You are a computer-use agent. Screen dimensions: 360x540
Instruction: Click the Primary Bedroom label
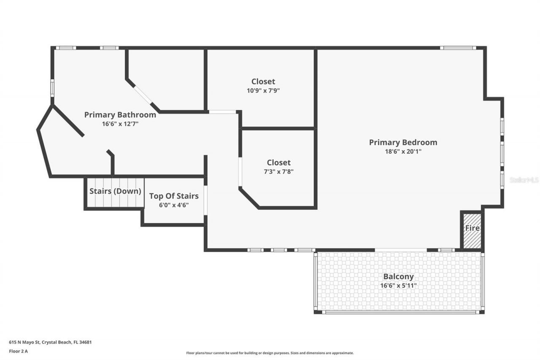click(403, 143)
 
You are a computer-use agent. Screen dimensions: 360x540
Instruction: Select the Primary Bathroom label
click(120, 115)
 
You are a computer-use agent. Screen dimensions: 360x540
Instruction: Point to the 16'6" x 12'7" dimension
click(120, 124)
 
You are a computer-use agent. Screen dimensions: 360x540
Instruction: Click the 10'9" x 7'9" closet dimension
click(263, 90)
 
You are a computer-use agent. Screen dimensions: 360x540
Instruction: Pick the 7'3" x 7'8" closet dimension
click(278, 171)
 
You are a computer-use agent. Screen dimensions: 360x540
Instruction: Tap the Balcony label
click(398, 277)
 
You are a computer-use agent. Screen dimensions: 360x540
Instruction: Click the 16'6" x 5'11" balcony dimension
click(398, 286)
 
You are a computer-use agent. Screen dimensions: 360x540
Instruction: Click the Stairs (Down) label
click(115, 191)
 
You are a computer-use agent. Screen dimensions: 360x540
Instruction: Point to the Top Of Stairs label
click(174, 196)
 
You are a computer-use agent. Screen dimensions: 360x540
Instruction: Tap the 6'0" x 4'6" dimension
click(174, 205)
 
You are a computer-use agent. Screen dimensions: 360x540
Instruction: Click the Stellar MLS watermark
click(524, 180)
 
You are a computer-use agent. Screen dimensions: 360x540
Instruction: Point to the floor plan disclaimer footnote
click(270, 353)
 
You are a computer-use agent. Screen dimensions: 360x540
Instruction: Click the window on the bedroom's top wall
click(458, 48)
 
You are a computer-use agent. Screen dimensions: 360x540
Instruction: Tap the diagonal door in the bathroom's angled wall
click(143, 95)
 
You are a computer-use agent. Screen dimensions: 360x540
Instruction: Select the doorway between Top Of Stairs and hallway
click(206, 201)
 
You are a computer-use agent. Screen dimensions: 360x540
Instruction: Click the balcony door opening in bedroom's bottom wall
click(401, 250)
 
